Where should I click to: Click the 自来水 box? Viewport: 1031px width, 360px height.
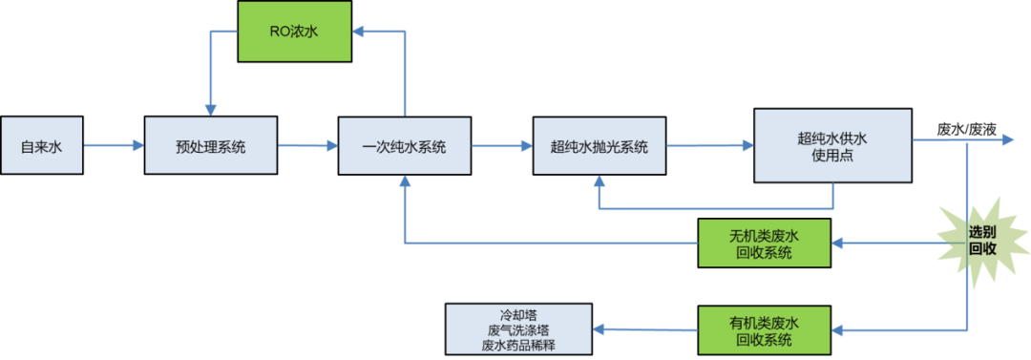pyautogui.click(x=41, y=146)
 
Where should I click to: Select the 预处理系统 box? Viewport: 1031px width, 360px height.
pyautogui.click(x=211, y=146)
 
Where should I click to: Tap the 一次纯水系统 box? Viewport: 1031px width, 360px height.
pyautogui.click(x=405, y=146)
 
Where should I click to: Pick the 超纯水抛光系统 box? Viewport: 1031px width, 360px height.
pyautogui.click(x=600, y=146)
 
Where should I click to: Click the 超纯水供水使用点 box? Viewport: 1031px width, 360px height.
pyautogui.click(x=832, y=145)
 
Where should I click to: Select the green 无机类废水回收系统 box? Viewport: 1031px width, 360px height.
pyautogui.click(x=764, y=244)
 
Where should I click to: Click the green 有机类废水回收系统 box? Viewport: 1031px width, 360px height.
pyautogui.click(x=764, y=329)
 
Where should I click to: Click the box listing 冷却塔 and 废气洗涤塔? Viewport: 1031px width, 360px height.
pyautogui.click(x=518, y=328)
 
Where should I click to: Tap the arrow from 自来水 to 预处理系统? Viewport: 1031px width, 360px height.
pyautogui.click(x=113, y=146)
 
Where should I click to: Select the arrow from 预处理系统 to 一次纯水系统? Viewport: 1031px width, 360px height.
pyautogui.click(x=307, y=146)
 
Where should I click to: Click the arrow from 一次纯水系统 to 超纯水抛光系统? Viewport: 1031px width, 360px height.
pyautogui.click(x=501, y=146)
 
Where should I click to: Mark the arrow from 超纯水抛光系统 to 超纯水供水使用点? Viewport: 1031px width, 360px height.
pyautogui.click(x=709, y=146)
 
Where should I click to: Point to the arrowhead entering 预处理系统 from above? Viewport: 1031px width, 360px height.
pyautogui.click(x=209, y=109)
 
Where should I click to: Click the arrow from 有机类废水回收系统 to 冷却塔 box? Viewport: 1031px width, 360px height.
pyautogui.click(x=645, y=329)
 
